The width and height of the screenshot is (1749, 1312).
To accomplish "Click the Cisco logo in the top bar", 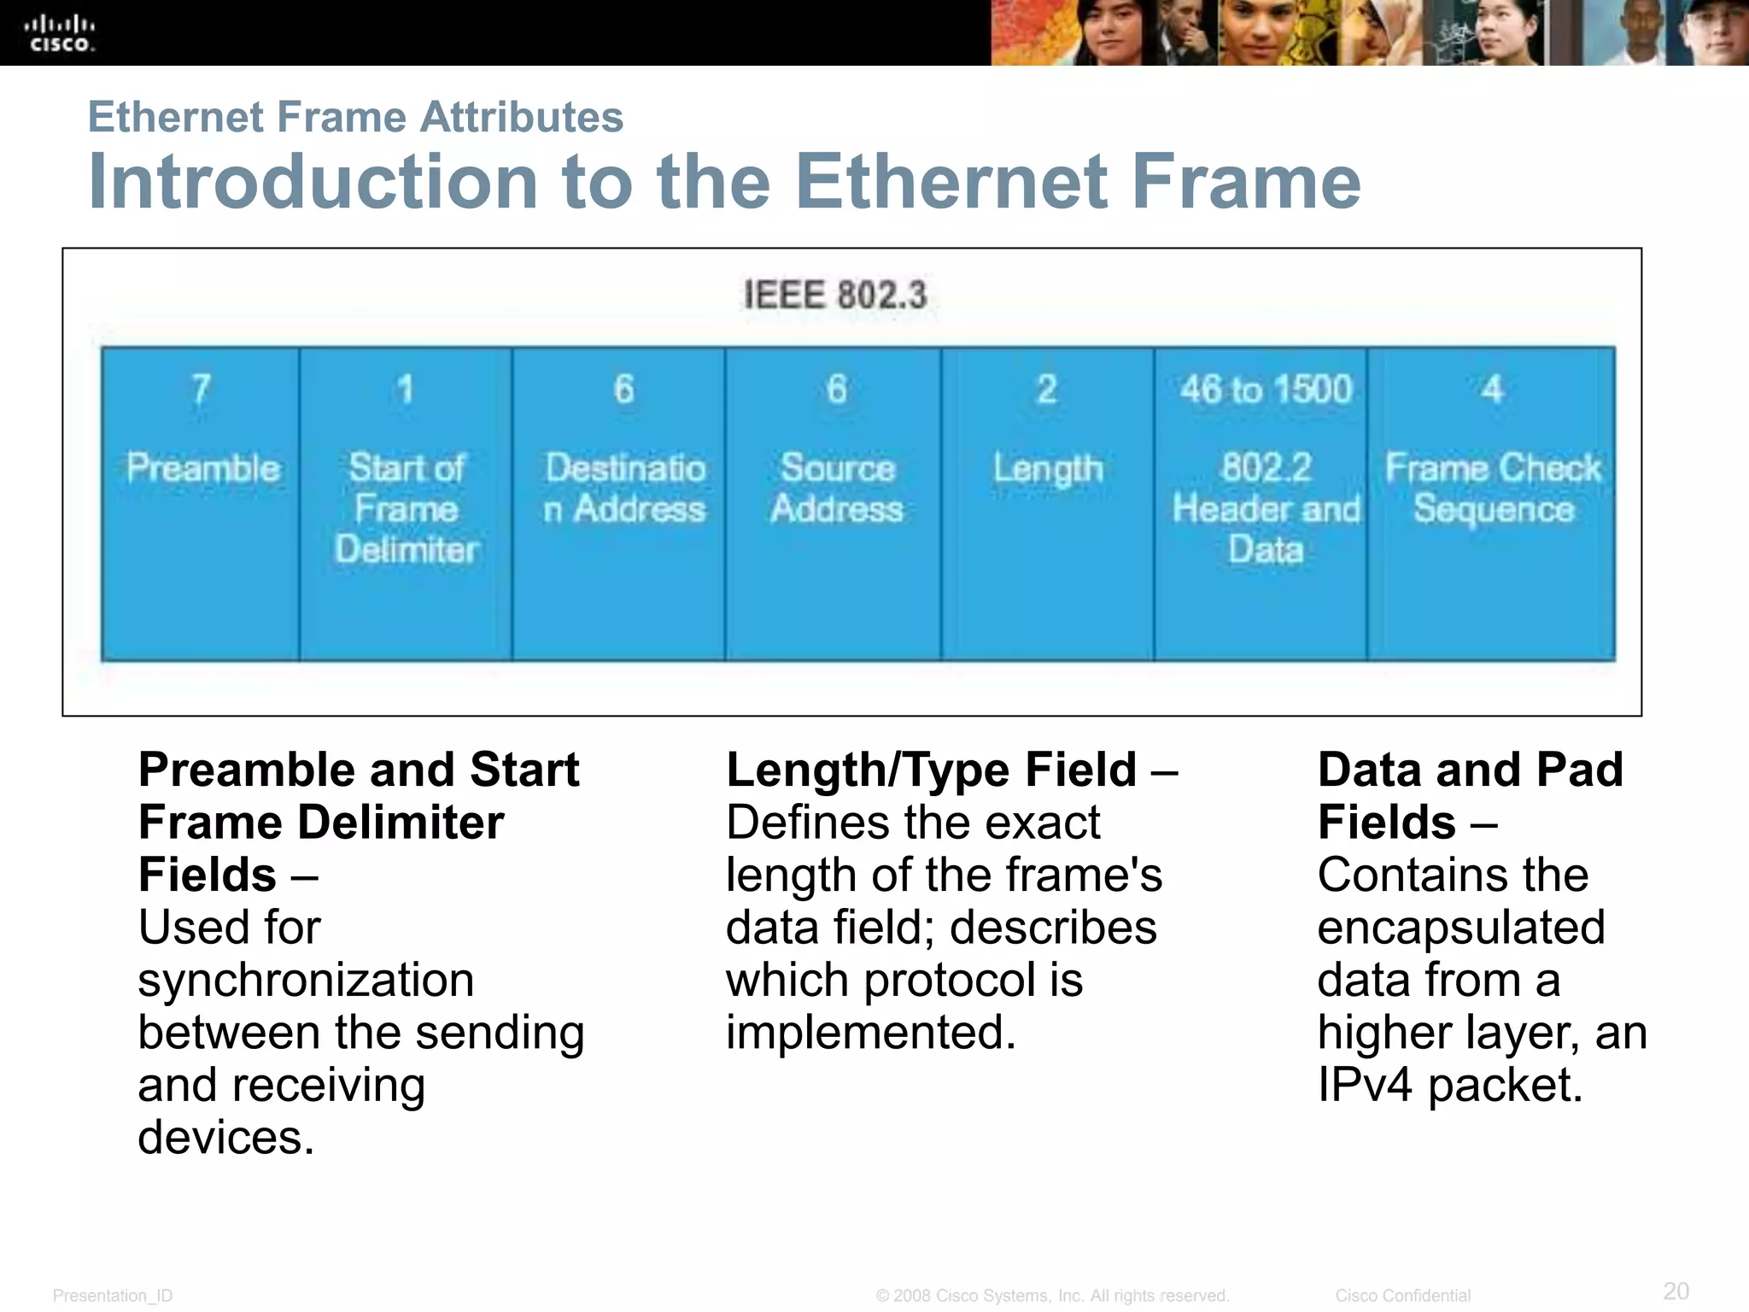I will [60, 34].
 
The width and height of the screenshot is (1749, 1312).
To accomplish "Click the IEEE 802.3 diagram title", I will [834, 296].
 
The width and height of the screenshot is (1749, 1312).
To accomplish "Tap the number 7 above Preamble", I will [201, 389].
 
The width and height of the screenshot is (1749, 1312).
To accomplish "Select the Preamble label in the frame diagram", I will [203, 468].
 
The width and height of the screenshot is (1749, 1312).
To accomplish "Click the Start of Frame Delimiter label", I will [407, 508].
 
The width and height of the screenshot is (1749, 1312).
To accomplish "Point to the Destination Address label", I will [625, 489].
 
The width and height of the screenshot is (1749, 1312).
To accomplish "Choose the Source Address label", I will [837, 489].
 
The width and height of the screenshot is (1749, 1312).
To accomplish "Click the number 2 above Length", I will [1047, 389].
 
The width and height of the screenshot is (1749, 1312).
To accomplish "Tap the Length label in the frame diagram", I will [1048, 469].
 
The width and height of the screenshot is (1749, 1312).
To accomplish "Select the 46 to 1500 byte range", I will [1266, 389].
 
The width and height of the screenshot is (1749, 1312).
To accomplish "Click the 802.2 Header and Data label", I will [1266, 508].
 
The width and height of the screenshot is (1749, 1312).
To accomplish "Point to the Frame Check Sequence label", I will [1493, 489].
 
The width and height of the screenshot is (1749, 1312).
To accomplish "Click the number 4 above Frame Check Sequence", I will [1492, 389].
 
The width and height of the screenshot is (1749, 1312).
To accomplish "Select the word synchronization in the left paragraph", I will [306, 980].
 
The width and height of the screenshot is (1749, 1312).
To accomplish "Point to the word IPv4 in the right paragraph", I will [1364, 1085].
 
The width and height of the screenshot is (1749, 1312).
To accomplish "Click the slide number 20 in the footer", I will [1676, 1291].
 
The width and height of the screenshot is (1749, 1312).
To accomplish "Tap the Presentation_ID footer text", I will [113, 1296].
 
